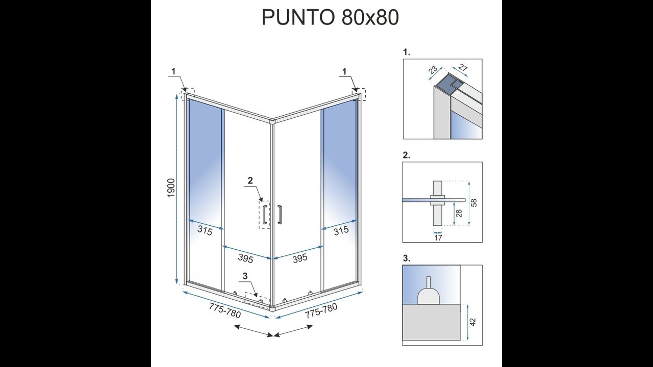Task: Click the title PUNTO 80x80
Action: pyautogui.click(x=330, y=17)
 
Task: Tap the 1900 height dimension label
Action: pyautogui.click(x=171, y=188)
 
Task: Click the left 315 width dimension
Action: pyautogui.click(x=205, y=231)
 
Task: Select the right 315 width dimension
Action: pyautogui.click(x=341, y=230)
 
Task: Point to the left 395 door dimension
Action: pyautogui.click(x=245, y=258)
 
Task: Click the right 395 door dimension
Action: pyautogui.click(x=300, y=258)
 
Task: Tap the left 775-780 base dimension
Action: pyautogui.click(x=225, y=310)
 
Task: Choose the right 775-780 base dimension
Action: pyautogui.click(x=321, y=310)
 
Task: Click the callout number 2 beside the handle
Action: pyautogui.click(x=250, y=180)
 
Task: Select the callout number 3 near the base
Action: pyautogui.click(x=245, y=276)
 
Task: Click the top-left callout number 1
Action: pyautogui.click(x=174, y=71)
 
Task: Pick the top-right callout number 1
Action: pyautogui.click(x=344, y=71)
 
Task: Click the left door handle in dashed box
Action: pyautogui.click(x=264, y=215)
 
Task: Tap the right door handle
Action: pyautogui.click(x=280, y=215)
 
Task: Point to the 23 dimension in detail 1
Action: pyautogui.click(x=433, y=70)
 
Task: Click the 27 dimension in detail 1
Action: pyautogui.click(x=463, y=68)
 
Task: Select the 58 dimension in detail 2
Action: pyautogui.click(x=474, y=203)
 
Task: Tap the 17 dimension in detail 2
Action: pyautogui.click(x=438, y=238)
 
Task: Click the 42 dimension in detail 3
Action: pyautogui.click(x=473, y=322)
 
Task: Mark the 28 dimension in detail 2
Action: pyautogui.click(x=459, y=214)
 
